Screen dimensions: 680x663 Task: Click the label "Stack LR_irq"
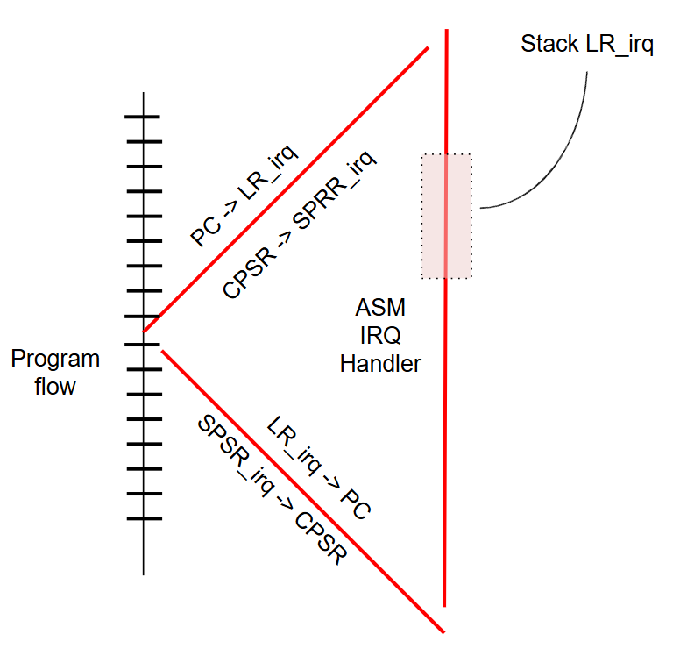587,44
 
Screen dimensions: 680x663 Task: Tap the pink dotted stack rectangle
447,216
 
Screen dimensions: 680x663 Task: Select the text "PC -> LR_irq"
244,196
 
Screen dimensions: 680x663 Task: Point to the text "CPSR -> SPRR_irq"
299,225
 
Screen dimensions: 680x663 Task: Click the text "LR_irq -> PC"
319,467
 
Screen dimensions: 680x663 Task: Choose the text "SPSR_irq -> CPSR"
273,489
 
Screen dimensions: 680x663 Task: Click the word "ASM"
380,308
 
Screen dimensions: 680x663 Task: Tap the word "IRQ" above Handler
380,335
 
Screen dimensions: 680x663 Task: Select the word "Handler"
380,364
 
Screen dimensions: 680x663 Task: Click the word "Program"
55,360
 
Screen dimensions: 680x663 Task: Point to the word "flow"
55,386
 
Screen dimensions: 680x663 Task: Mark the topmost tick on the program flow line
142,117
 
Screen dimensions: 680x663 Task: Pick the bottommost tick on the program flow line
145,518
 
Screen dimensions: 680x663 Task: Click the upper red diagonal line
286,189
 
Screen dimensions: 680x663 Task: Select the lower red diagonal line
302,491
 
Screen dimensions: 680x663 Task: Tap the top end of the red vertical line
447,30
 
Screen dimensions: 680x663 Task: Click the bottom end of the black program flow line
144,575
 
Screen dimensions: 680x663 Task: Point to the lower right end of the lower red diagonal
444,632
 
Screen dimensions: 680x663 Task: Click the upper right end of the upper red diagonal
428,47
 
